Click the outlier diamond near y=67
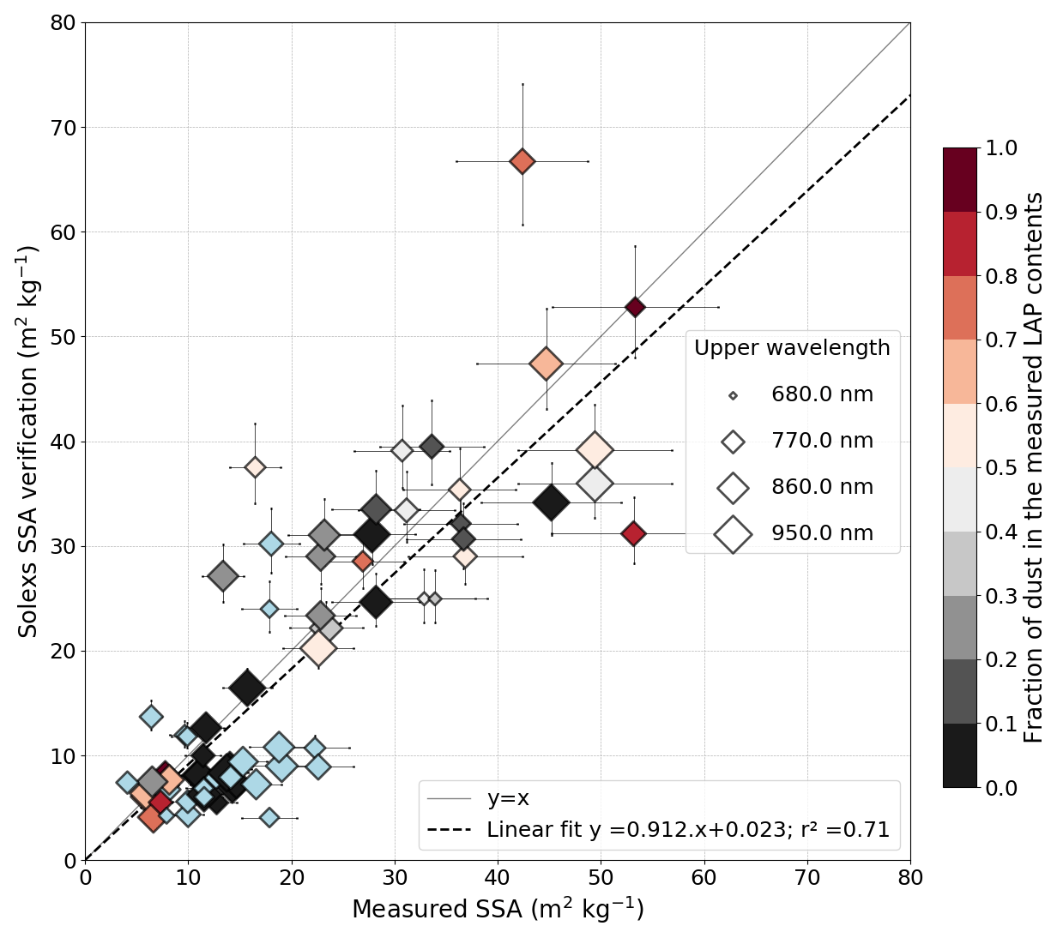tap(522, 161)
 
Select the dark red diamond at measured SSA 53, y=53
tap(635, 307)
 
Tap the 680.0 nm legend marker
tap(733, 395)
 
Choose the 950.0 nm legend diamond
tap(733, 534)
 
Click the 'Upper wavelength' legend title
tap(792, 348)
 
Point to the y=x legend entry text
tap(508, 799)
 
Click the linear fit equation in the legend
tap(687, 830)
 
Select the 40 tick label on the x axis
tap(498, 878)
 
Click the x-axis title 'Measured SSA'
tap(498, 910)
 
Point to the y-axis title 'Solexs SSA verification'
tap(28, 441)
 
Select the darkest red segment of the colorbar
tap(959, 180)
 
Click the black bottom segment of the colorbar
tap(959, 755)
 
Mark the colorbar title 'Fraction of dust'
tap(1034, 467)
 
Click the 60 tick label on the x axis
tap(704, 878)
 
